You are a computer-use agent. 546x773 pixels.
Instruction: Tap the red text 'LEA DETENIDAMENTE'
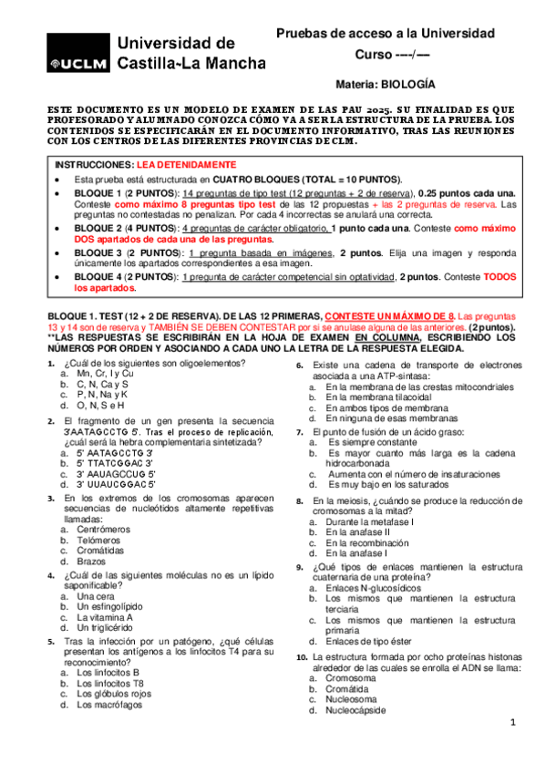173,164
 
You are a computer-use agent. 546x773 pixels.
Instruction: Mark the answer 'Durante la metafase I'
370,520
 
